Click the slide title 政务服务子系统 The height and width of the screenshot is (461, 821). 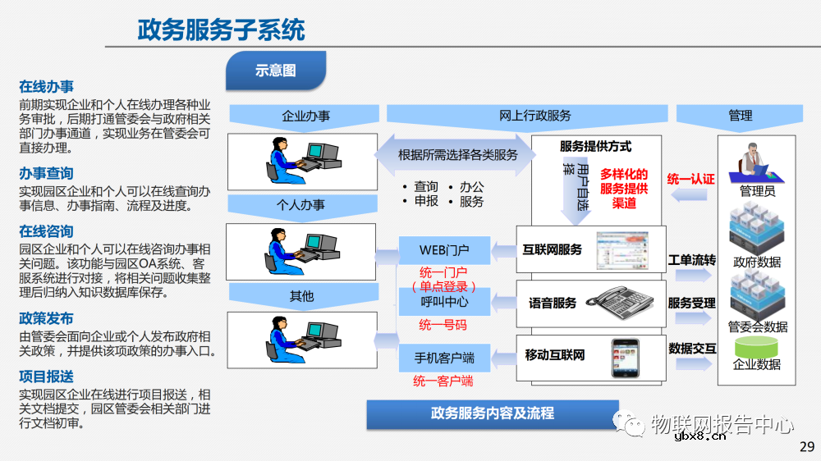coord(221,30)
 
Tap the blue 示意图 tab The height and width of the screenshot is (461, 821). coord(275,71)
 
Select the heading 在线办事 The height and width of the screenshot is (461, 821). coord(47,86)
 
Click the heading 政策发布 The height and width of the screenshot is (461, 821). coord(47,318)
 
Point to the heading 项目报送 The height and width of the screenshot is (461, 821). coord(47,376)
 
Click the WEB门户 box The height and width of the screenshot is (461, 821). coord(444,249)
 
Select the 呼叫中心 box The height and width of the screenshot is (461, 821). coord(444,302)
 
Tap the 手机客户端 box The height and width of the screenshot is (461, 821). coord(444,358)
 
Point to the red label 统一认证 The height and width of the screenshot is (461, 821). coord(691,179)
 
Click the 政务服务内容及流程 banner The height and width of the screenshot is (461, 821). coord(492,413)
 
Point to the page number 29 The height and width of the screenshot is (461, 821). coord(806,447)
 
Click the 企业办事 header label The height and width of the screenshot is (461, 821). coord(305,116)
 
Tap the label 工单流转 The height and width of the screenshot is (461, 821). coord(691,260)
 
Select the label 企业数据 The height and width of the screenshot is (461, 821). coord(757,364)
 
